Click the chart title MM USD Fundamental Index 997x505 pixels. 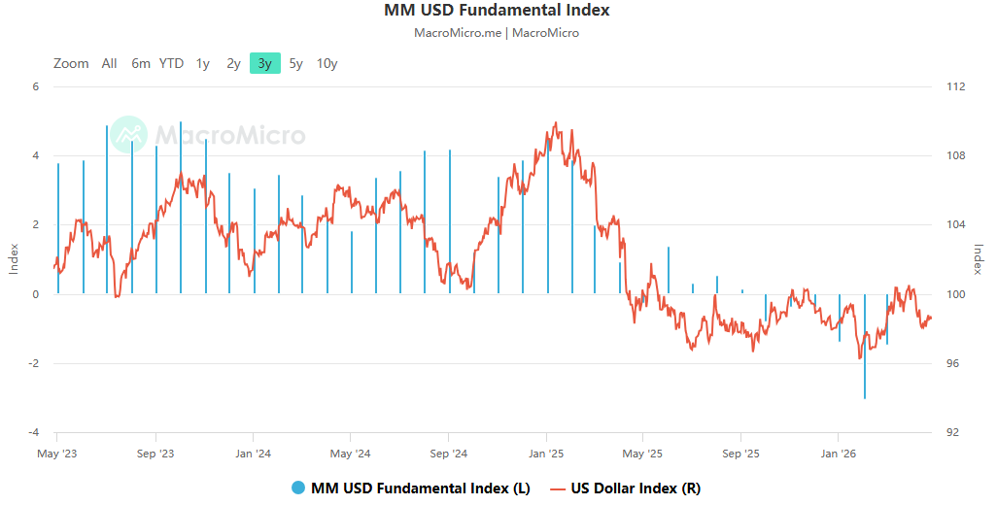tap(498, 11)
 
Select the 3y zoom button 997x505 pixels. tap(264, 63)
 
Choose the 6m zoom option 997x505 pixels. tap(141, 63)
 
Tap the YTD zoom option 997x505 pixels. tap(171, 63)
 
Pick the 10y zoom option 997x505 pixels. tap(327, 63)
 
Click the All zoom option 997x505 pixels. tap(109, 63)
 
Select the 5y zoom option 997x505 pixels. tap(296, 63)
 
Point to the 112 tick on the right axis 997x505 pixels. tap(955, 86)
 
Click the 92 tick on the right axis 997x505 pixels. tap(953, 432)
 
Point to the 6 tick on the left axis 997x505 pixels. tap(36, 86)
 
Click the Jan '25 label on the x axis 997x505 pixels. tap(546, 454)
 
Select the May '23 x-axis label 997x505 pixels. tap(56, 454)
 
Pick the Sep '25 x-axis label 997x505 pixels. tap(740, 454)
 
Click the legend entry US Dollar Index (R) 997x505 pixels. tap(636, 488)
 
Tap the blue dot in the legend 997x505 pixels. tap(297, 488)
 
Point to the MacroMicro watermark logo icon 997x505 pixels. tap(128, 135)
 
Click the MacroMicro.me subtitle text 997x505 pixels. tap(458, 33)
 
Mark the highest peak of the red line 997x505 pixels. tap(555, 123)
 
